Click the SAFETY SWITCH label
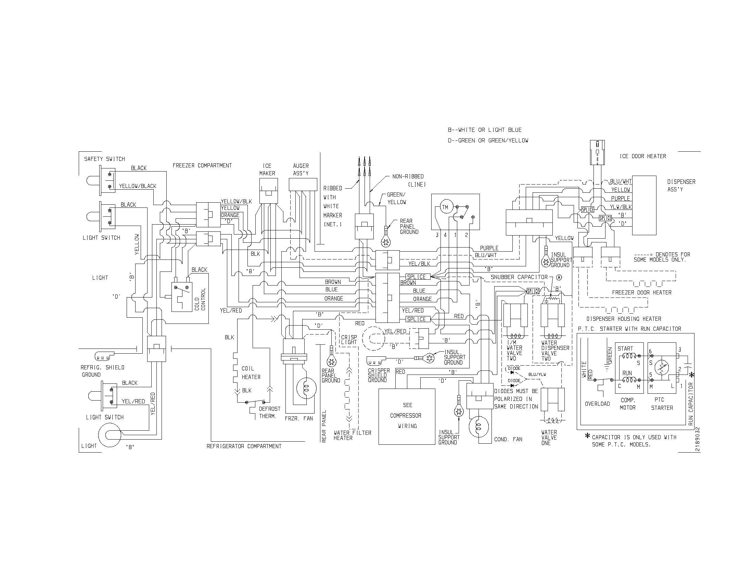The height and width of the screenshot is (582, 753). click(104, 159)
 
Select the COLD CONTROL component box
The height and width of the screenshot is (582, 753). click(182, 297)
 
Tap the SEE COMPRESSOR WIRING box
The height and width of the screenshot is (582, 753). click(407, 416)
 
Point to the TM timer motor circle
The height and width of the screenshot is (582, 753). click(445, 207)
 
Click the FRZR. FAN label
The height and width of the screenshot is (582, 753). click(299, 419)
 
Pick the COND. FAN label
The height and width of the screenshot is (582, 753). click(508, 439)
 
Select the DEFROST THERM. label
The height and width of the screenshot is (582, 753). click(270, 413)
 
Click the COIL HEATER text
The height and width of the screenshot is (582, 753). click(251, 373)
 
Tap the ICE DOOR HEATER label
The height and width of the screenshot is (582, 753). click(643, 156)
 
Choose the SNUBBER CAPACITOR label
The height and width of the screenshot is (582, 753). click(519, 277)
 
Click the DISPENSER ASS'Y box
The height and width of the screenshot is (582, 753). click(644, 205)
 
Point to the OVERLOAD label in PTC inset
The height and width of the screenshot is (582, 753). click(597, 404)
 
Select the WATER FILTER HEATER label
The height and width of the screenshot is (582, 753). click(352, 435)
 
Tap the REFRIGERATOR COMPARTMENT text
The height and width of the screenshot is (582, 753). click(244, 446)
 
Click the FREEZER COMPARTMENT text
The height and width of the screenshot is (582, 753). click(202, 165)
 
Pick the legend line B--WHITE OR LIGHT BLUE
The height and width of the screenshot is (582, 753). click(484, 130)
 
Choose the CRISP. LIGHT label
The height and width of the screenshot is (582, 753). click(349, 340)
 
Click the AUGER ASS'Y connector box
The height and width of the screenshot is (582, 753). click(303, 184)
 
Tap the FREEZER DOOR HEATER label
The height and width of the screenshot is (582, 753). click(642, 292)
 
